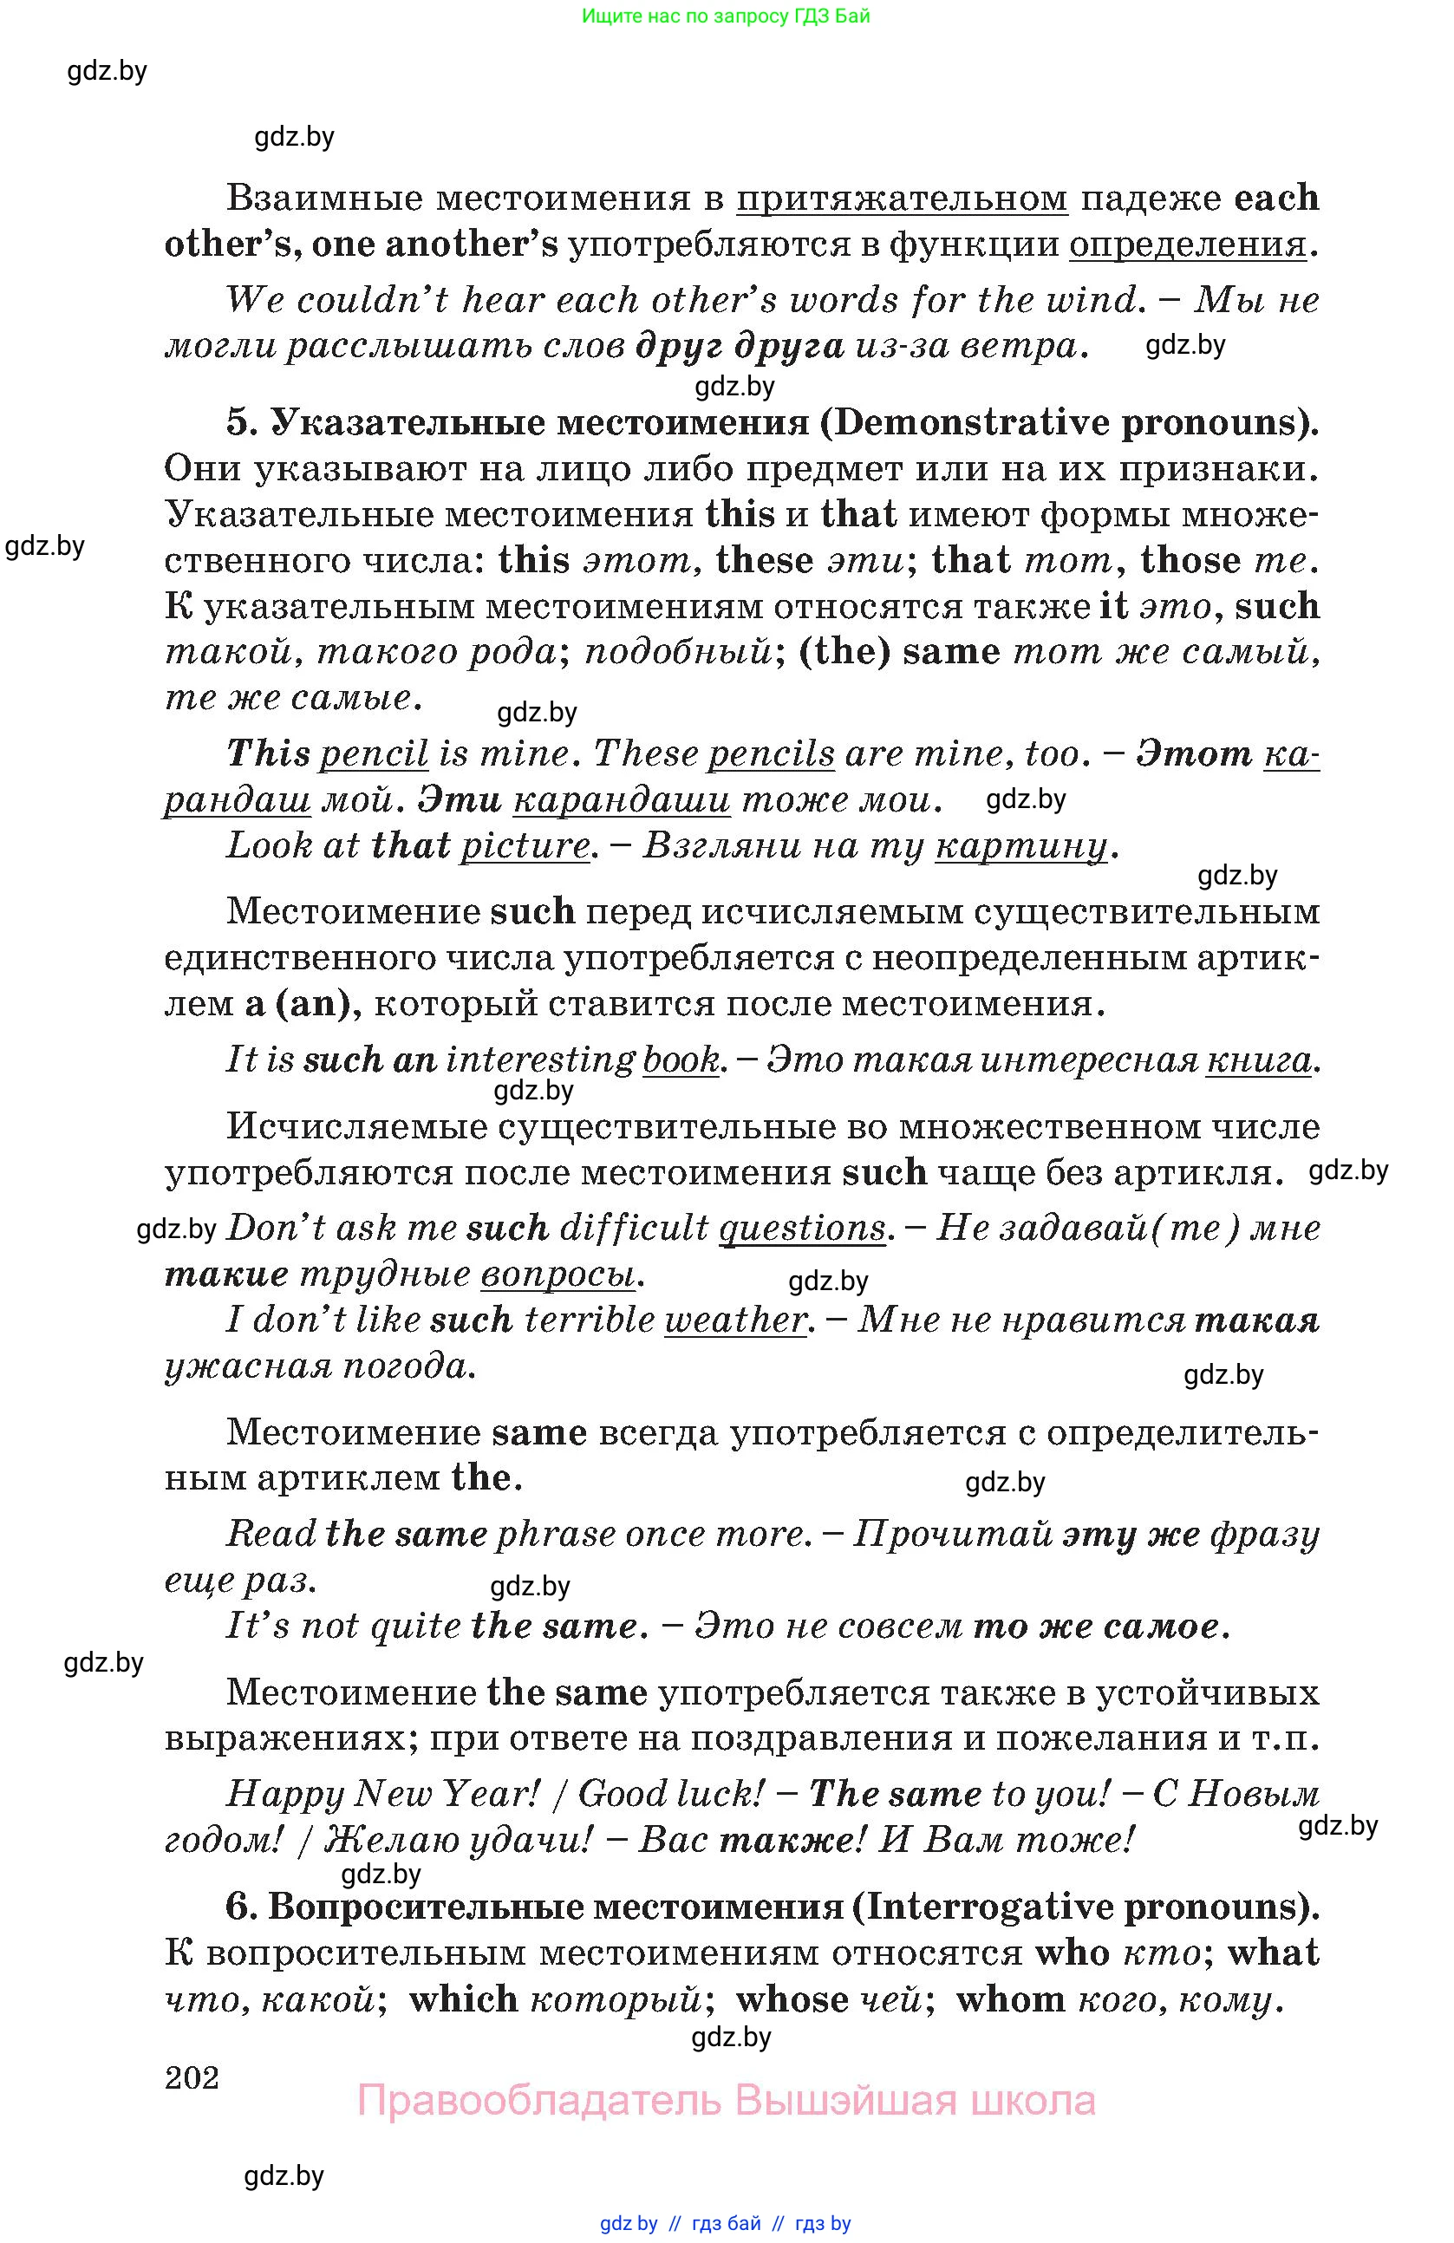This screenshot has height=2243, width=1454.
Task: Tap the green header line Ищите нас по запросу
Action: tap(726, 16)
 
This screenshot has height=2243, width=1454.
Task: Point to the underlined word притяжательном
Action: tap(901, 199)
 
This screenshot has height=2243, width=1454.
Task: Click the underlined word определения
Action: tap(1187, 245)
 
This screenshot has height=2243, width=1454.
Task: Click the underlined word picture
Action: tap(524, 845)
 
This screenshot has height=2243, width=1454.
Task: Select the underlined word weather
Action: tap(735, 1320)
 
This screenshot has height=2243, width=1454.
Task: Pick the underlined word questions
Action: tap(801, 1228)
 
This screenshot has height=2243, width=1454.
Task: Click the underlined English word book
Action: tap(681, 1060)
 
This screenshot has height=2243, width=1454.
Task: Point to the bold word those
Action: tap(1190, 561)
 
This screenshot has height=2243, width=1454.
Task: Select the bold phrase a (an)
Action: tap(303, 1004)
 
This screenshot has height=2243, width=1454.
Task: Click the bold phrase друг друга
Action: tap(739, 347)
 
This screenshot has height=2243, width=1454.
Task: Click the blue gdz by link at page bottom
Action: tap(629, 2224)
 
